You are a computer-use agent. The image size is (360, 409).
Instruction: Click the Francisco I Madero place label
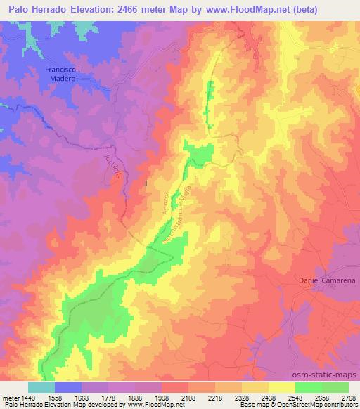point(65,74)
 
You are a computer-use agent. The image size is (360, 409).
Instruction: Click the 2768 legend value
point(349,398)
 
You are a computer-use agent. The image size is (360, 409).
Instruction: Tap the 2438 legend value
point(269,398)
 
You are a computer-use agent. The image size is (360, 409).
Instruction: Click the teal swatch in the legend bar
point(41,387)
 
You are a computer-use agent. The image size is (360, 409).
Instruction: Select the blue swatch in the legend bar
point(67,387)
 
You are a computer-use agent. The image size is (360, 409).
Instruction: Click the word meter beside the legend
point(11,398)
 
